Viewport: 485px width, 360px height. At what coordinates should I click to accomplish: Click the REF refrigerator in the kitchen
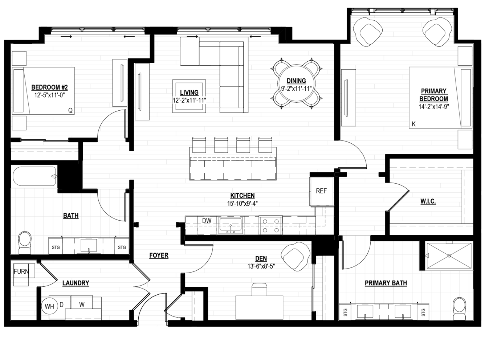[x=321, y=191]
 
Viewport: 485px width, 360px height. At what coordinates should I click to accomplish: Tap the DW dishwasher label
[x=207, y=221]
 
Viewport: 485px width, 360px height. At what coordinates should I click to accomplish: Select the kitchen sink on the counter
[x=231, y=225]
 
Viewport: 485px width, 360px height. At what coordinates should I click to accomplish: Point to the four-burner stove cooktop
[x=271, y=225]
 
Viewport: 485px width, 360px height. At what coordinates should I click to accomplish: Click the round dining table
[x=296, y=83]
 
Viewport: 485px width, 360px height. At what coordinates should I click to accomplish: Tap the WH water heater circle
[x=49, y=306]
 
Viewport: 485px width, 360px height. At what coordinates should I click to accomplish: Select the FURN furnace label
[x=21, y=271]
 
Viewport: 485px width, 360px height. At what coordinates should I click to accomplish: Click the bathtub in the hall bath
[x=34, y=176]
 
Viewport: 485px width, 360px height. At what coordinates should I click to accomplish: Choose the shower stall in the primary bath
[x=449, y=255]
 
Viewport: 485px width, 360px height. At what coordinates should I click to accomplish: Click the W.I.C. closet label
[x=428, y=201]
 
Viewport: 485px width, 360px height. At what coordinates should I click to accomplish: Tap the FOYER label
[x=159, y=255]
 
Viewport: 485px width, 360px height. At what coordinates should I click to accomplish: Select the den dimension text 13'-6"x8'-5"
[x=261, y=266]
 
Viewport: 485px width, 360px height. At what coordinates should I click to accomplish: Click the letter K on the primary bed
[x=413, y=124]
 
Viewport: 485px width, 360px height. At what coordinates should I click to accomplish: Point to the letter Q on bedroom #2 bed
[x=70, y=110]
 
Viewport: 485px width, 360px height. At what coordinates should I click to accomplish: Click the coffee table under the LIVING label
[x=189, y=96]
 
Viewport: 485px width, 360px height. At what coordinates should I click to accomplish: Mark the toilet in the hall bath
[x=25, y=243]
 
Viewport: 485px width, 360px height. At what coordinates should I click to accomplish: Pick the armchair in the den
[x=295, y=256]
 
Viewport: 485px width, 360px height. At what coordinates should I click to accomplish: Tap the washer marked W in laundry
[x=82, y=302]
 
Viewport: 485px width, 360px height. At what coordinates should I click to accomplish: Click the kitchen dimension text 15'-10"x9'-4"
[x=242, y=204]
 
